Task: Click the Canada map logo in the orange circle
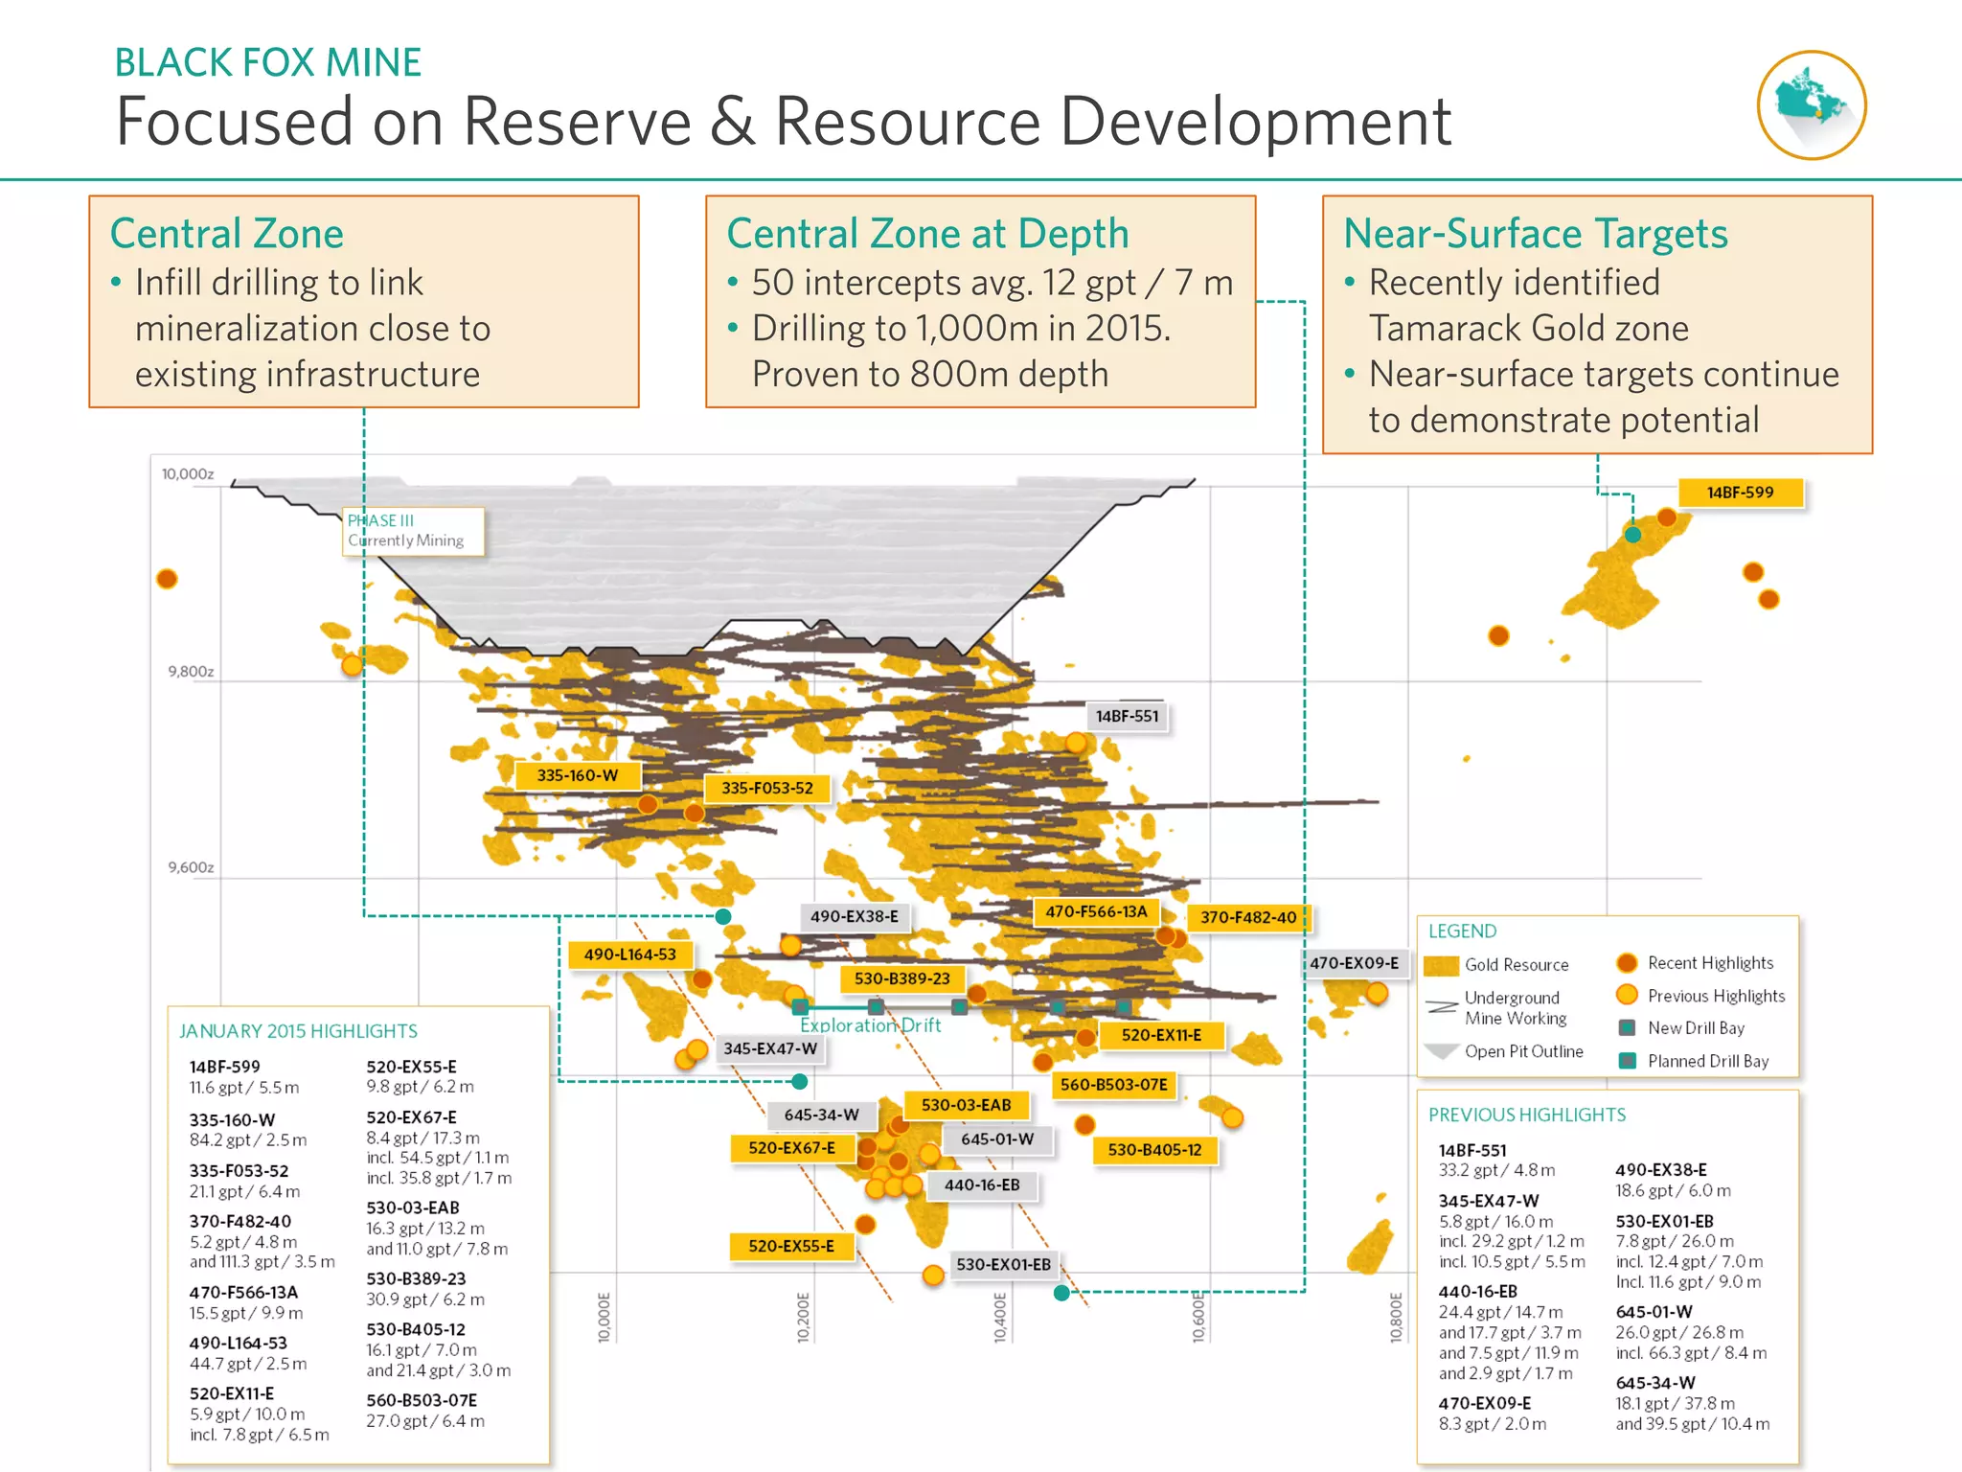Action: [1811, 104]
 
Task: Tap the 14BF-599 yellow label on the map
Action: [1740, 493]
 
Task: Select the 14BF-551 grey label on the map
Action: [1127, 716]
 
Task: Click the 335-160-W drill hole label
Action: [577, 775]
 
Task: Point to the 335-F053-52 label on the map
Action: [766, 788]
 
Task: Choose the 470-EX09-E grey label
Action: [1354, 963]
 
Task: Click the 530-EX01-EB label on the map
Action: [1003, 1264]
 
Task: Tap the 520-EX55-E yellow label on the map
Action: [790, 1246]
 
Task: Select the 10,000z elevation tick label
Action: [188, 474]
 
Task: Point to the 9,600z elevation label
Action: [191, 867]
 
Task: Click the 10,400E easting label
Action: [1000, 1317]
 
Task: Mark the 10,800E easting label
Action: [1396, 1317]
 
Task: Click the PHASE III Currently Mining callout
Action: [413, 531]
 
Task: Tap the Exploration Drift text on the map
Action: [870, 1025]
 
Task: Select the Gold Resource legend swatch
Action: [1442, 965]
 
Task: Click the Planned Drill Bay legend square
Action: [1627, 1061]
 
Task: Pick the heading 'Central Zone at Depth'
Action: [927, 234]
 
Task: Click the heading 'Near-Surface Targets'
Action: [1535, 234]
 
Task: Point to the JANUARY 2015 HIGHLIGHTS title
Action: [298, 1031]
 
